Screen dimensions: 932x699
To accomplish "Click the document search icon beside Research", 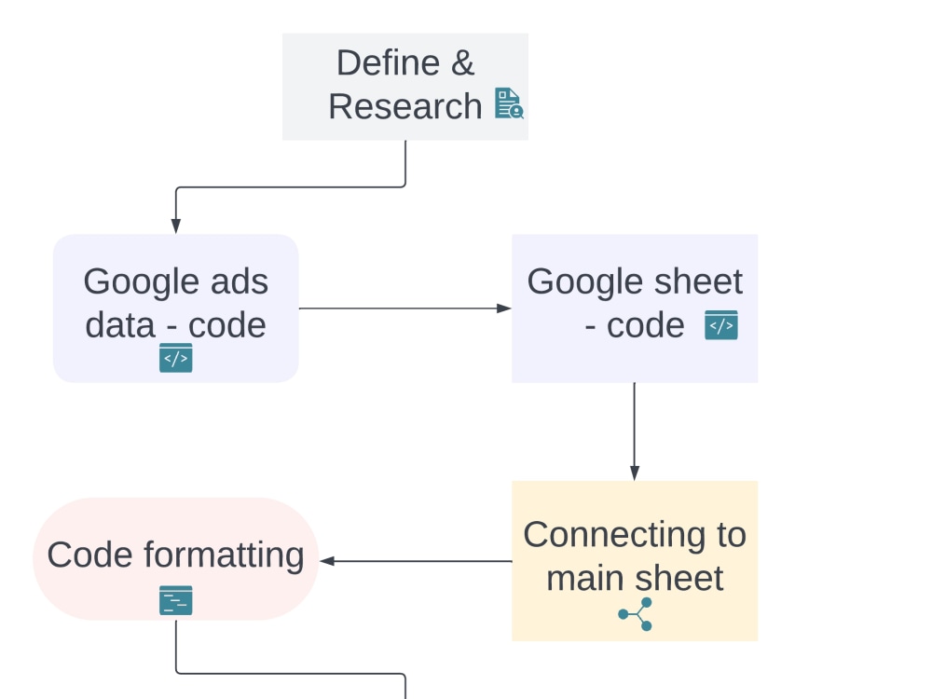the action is coord(509,103).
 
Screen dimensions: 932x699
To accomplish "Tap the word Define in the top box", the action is coord(388,62).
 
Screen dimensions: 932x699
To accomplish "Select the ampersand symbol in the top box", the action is coord(462,62).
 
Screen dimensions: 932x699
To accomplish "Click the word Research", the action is coord(404,106).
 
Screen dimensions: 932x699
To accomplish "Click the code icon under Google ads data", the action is coord(176,358).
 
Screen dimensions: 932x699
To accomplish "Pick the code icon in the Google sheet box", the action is coord(721,325).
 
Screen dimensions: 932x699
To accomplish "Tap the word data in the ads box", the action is coord(120,325).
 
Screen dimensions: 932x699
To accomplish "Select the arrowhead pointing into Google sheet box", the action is coord(504,308).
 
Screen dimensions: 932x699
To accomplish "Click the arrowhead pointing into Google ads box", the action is coord(176,226).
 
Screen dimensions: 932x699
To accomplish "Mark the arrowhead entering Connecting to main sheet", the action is coord(635,473).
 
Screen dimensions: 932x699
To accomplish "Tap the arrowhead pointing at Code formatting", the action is coord(327,560).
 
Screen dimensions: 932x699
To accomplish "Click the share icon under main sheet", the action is coord(636,614).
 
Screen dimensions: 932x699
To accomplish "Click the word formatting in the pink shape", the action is coord(224,556).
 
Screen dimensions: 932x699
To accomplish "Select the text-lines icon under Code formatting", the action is coord(176,600).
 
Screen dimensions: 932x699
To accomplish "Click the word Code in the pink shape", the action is coord(90,555).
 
